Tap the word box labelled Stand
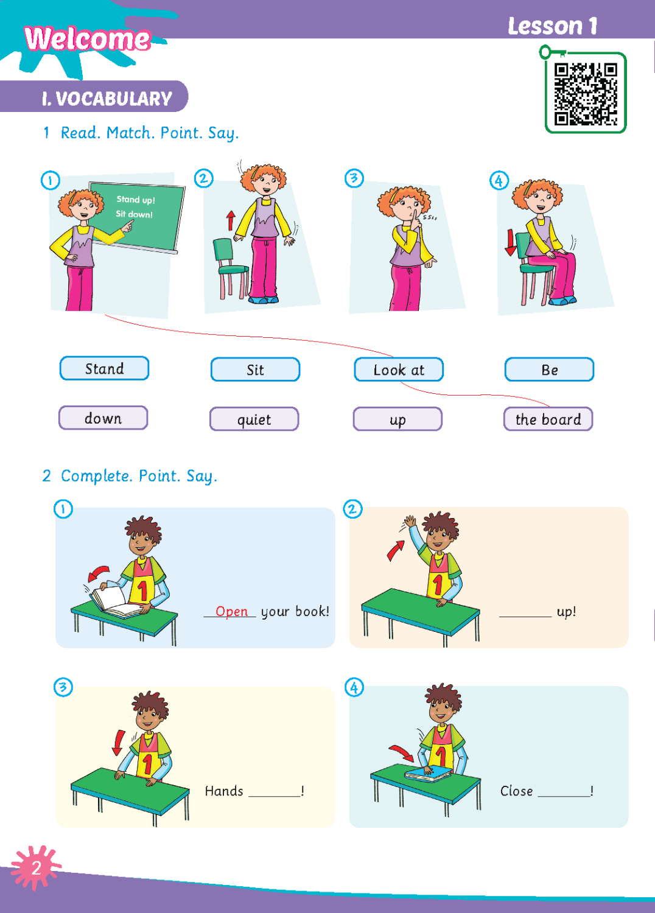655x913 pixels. click(104, 368)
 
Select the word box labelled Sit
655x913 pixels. click(255, 369)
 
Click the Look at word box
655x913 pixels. click(399, 369)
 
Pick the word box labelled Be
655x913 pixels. click(550, 369)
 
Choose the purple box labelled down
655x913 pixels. click(103, 418)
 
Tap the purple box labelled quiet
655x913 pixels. click(254, 419)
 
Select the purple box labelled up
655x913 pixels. click(398, 419)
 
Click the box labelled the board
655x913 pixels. click(548, 419)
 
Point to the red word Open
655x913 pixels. click(231, 611)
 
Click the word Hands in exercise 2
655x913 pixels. click(224, 791)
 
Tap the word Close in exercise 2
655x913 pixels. click(516, 791)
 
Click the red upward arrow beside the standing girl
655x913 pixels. click(231, 220)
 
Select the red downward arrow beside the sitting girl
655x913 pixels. click(510, 242)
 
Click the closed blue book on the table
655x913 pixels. click(428, 773)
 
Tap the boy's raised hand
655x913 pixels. click(410, 521)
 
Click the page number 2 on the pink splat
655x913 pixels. click(37, 869)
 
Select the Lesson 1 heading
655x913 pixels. click(552, 27)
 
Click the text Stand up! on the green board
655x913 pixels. click(136, 200)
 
